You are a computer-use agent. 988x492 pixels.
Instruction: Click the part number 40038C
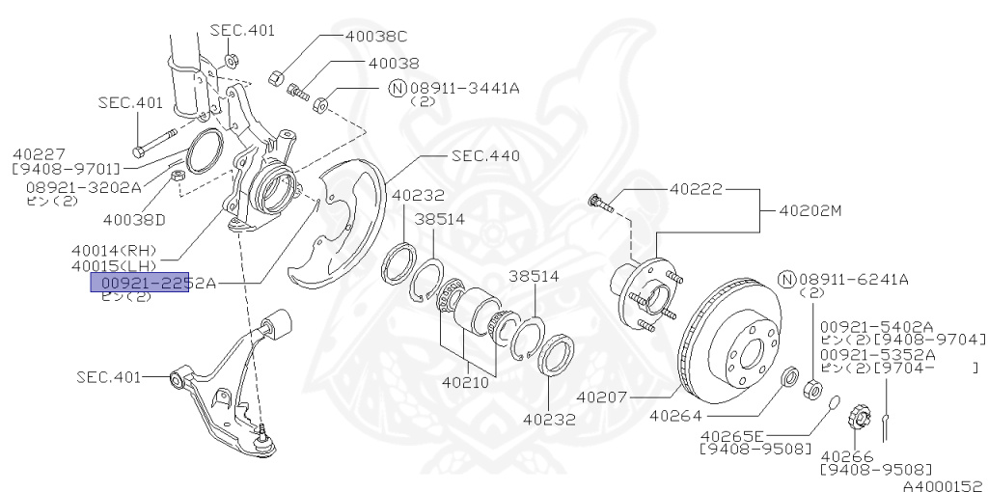coord(376,37)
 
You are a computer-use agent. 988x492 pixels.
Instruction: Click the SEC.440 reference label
coord(485,155)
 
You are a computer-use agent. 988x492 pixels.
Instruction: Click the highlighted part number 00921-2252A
coord(152,282)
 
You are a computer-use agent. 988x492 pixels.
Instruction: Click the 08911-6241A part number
coord(854,280)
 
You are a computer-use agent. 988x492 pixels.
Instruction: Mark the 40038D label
coord(134,220)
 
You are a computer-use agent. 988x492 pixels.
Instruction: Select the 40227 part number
coord(39,153)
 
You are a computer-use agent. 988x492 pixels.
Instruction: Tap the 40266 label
coord(847,455)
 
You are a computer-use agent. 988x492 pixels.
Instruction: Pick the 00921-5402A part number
coord(877,326)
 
